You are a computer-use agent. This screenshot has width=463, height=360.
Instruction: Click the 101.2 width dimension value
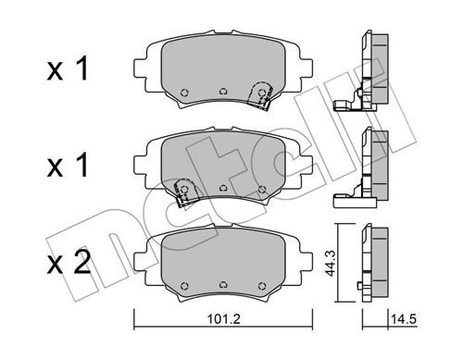223,319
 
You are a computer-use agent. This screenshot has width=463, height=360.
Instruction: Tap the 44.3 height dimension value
330,263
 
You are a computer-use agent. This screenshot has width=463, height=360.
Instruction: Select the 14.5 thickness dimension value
404,319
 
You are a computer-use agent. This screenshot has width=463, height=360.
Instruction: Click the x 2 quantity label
69,263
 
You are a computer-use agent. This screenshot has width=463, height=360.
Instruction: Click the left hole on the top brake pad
184,93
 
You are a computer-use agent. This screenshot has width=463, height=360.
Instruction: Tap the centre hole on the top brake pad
223,92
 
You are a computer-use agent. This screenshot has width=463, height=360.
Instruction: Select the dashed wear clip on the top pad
261,95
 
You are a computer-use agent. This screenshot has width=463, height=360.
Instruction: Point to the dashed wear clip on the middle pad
184,192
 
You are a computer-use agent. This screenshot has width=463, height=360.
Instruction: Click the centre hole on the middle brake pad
223,188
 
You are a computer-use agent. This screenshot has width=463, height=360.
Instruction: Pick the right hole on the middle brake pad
262,189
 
